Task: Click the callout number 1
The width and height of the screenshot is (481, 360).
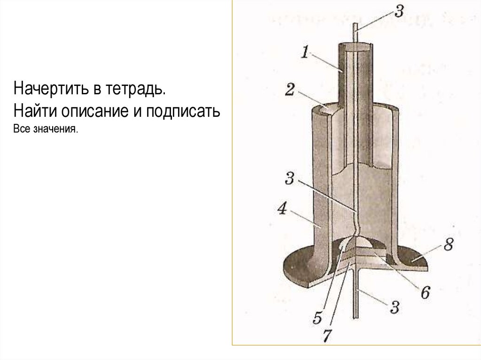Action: pos(304,52)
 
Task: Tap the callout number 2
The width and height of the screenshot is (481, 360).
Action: pos(290,90)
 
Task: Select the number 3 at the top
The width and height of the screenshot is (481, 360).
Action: pos(399,11)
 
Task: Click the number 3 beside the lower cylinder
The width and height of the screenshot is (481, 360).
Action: pos(290,178)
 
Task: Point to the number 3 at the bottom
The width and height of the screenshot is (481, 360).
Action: pos(395,307)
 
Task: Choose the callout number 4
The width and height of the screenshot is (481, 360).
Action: pos(282,209)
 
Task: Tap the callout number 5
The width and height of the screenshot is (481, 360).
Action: pos(318,318)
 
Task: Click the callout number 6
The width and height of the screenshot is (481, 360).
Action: pos(426,293)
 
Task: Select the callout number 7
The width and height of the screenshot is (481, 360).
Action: pos(327,336)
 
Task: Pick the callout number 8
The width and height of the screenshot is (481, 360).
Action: pos(448,245)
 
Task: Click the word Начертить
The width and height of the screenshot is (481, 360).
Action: pos(50,89)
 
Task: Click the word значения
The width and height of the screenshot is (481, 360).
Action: pos(56,129)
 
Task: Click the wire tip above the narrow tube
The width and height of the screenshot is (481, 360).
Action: pos(355,24)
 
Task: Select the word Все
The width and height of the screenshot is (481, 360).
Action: pos(22,129)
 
